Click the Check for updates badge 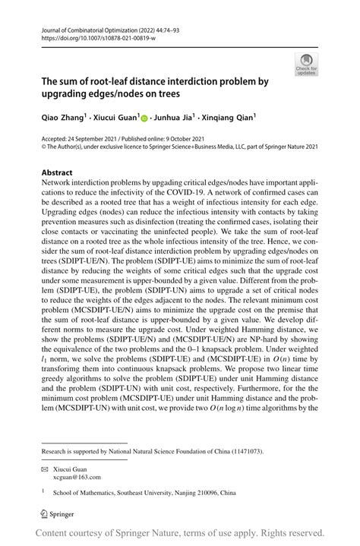[x=306, y=65]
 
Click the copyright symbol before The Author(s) [x=44, y=150]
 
